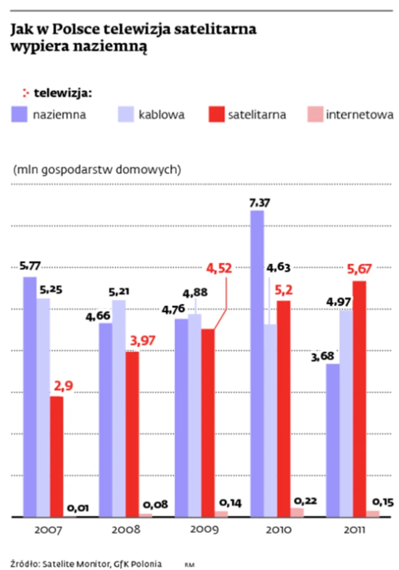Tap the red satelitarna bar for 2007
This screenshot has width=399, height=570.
tap(57, 456)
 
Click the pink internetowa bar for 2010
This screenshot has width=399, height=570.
tap(297, 512)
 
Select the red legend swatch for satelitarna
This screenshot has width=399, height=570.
tap(216, 114)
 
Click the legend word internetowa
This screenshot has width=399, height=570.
tap(360, 114)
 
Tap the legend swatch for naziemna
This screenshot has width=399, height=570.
tap(19, 114)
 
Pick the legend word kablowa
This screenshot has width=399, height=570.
tap(162, 114)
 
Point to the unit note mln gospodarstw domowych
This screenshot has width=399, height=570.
tap(97, 170)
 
